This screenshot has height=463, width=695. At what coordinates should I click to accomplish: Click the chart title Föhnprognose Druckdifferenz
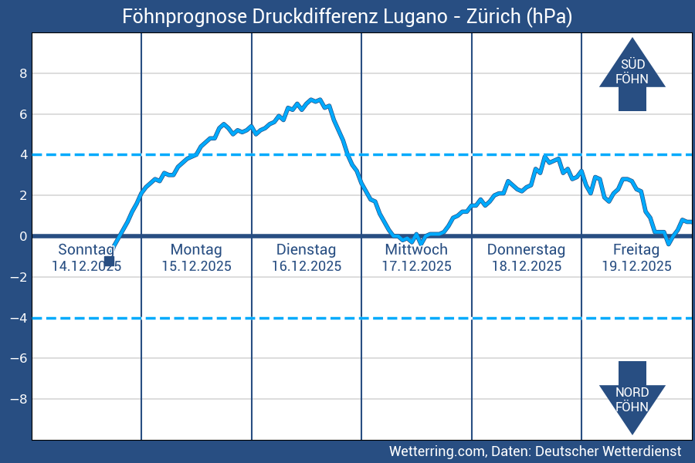point(347,16)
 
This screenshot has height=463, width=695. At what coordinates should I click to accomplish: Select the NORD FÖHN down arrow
point(632,398)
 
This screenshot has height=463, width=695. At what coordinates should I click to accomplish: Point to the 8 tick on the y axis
point(23,73)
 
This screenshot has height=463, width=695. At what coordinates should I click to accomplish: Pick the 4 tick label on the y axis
point(23,154)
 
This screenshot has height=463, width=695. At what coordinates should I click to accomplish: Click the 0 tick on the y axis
point(23,236)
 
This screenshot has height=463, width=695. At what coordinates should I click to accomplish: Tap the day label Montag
point(196,249)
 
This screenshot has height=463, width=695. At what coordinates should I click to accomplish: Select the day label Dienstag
point(306,249)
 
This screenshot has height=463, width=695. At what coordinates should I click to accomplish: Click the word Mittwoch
point(416,249)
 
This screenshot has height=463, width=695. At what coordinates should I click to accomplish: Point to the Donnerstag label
point(526,249)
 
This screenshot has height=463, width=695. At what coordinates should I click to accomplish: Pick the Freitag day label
point(636,249)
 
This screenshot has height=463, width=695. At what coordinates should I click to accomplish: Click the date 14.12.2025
point(86,266)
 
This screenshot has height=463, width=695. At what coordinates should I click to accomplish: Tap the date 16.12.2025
point(306,266)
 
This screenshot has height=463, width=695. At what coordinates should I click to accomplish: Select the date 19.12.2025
point(636,266)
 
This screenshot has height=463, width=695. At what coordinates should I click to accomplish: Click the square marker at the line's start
point(109,261)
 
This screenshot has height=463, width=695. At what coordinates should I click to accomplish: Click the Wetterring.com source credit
point(534,451)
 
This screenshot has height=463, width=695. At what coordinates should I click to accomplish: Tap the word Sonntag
point(86,249)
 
